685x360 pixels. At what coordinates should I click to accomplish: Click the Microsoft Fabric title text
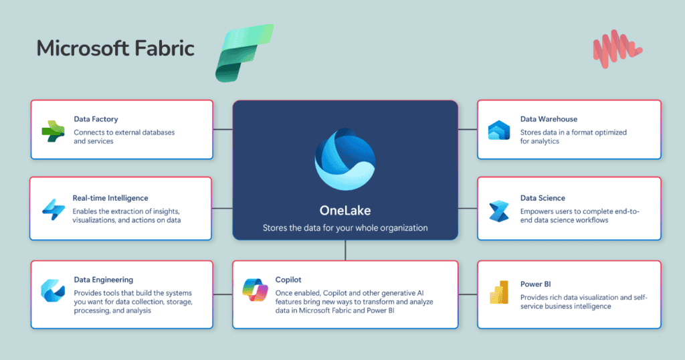(115, 48)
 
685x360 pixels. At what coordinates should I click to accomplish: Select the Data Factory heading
(96, 119)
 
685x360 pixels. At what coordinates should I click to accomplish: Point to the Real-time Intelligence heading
(110, 198)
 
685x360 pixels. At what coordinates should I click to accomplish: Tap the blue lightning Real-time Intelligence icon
(52, 209)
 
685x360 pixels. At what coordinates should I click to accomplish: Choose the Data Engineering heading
(103, 280)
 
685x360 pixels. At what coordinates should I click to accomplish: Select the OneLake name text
(345, 209)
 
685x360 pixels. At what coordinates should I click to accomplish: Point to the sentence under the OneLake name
(345, 228)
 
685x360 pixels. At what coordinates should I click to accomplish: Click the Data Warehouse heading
(549, 119)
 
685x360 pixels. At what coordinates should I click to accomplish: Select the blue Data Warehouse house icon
(499, 130)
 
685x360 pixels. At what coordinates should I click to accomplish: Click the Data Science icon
(499, 210)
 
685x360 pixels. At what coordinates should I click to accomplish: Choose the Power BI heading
(535, 284)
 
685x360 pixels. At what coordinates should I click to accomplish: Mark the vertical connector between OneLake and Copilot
(345, 250)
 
